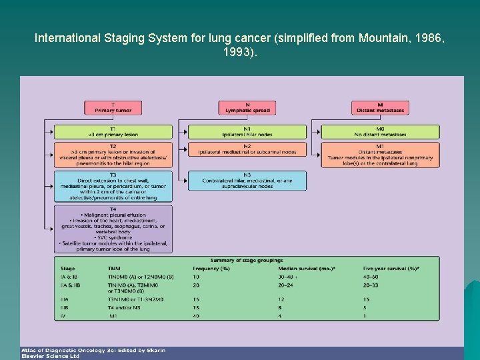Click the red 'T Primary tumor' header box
click(x=113, y=107)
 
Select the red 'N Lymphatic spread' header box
click(x=247, y=107)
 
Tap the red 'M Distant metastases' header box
click(x=380, y=107)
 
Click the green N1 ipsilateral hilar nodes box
click(x=247, y=131)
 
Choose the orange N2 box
click(x=247, y=149)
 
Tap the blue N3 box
click(x=247, y=179)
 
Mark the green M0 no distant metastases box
click(x=380, y=131)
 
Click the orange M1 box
click(x=380, y=155)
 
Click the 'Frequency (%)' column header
click(x=211, y=268)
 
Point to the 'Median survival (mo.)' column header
click(x=307, y=268)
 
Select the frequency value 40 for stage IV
click(x=197, y=315)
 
